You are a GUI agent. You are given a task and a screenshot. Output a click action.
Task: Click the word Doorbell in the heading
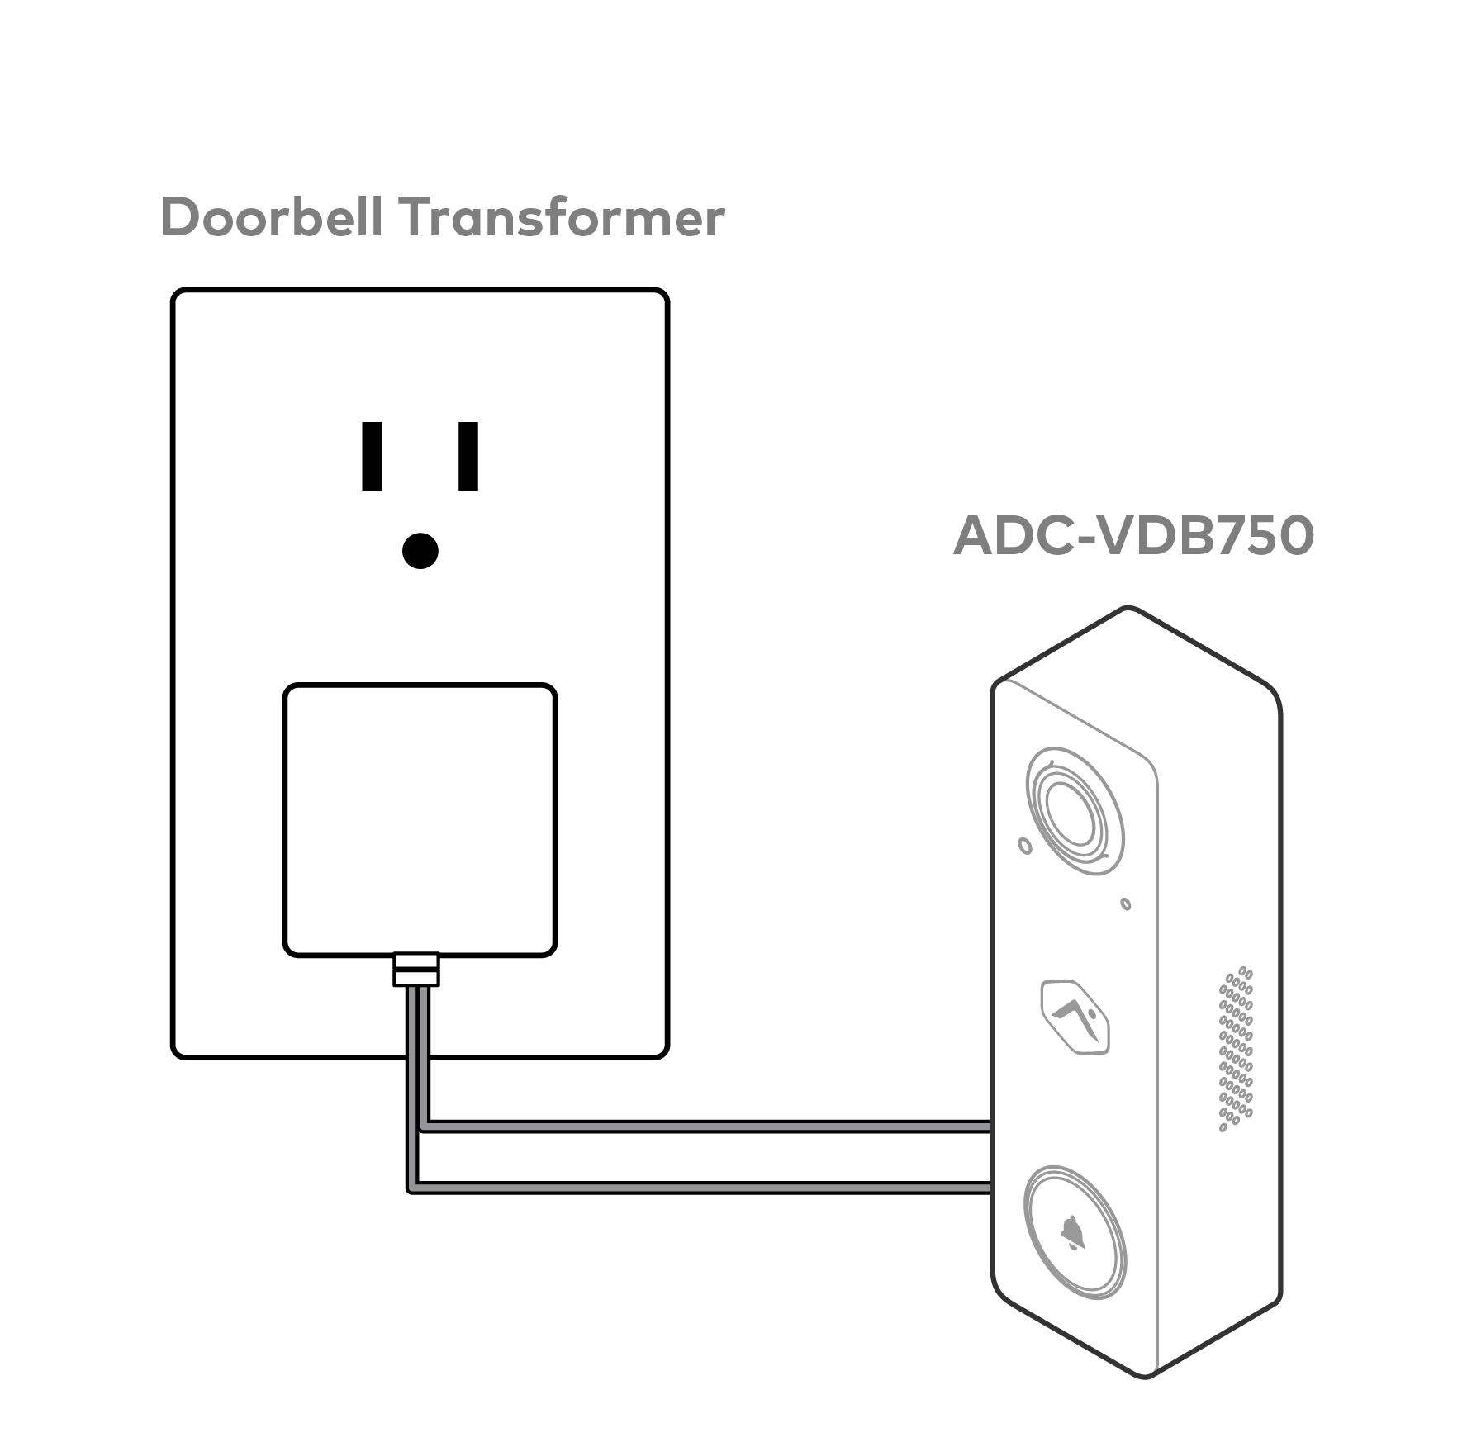coord(271,217)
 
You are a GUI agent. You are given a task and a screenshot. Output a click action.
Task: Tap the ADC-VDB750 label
coord(1132,536)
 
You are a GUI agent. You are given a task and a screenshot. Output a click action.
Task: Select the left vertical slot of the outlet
coord(372,456)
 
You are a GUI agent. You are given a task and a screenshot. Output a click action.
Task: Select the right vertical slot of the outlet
coord(468,456)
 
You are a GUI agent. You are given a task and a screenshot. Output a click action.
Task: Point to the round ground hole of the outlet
coord(420,551)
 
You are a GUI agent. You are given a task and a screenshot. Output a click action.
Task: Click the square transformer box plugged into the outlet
coord(420,819)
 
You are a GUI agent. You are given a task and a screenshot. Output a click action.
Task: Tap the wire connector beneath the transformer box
coord(416,970)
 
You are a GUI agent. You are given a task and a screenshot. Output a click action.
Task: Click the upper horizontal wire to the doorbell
coord(702,1126)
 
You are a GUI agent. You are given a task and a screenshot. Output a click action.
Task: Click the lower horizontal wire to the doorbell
coord(702,1188)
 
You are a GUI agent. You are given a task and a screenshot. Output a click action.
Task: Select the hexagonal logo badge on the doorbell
coord(1075,1017)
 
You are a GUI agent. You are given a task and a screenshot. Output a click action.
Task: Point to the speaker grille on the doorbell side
coord(1236,1049)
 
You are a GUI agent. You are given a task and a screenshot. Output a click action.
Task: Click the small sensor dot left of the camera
coord(1025,846)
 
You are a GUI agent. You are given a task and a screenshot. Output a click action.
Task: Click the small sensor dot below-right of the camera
coord(1125,904)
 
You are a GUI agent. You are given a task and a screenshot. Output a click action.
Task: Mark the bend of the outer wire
coord(411,1188)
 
